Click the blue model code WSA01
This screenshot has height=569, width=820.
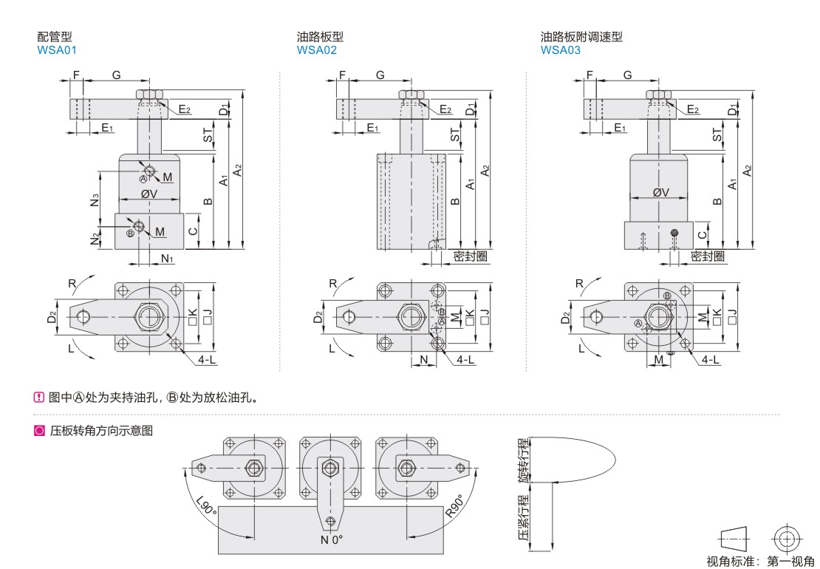pyautogui.click(x=56, y=50)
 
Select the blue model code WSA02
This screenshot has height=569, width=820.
pyautogui.click(x=317, y=50)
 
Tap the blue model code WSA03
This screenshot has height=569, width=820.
pyautogui.click(x=561, y=50)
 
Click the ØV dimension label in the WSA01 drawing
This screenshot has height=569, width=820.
pyautogui.click(x=148, y=194)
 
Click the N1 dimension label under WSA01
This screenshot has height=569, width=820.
pyautogui.click(x=167, y=259)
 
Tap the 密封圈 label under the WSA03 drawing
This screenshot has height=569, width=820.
pyautogui.click(x=707, y=256)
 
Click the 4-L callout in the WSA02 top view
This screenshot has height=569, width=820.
pyautogui.click(x=465, y=359)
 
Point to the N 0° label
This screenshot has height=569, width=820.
pyautogui.click(x=332, y=539)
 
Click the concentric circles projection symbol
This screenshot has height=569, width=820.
pyautogui.click(x=786, y=537)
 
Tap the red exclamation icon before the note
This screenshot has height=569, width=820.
pyautogui.click(x=40, y=397)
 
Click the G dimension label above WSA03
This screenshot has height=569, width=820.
pyautogui.click(x=627, y=75)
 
